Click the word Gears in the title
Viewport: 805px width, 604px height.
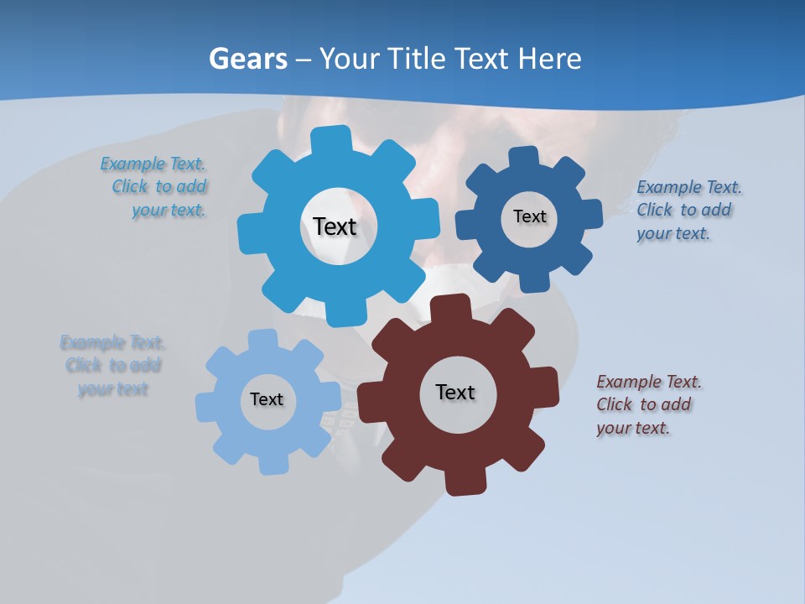[248, 59]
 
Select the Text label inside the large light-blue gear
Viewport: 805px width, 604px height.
[335, 226]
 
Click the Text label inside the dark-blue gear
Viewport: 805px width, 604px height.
[529, 216]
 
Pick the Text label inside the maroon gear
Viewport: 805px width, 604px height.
[455, 392]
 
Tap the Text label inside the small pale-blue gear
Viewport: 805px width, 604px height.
[267, 399]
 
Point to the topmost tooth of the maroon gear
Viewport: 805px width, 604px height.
[450, 308]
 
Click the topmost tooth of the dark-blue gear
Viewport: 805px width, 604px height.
[523, 158]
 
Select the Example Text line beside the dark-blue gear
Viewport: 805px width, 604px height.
[689, 187]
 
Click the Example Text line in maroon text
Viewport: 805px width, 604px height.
[649, 382]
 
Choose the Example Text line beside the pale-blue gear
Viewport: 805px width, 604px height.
[112, 342]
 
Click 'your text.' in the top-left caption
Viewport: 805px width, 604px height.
[169, 211]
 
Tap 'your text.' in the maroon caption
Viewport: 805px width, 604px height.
[633, 428]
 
